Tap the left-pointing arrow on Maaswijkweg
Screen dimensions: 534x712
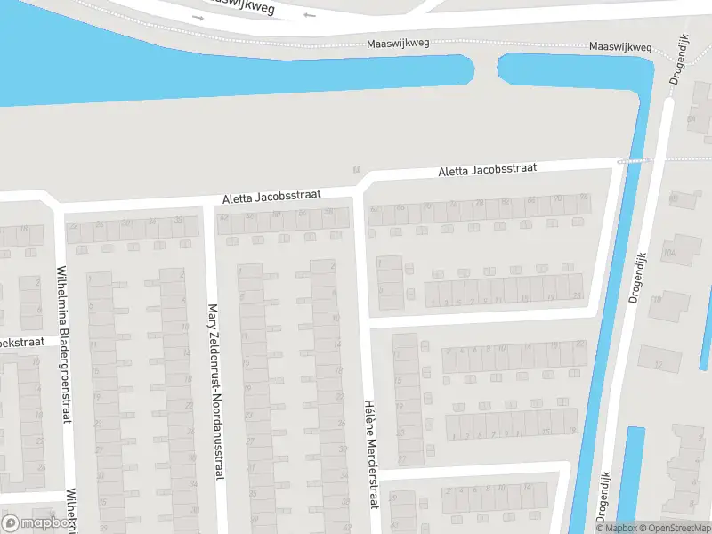tap(309, 15)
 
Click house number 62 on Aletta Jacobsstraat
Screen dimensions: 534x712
tap(375, 209)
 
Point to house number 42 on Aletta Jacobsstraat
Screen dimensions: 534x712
tap(224, 216)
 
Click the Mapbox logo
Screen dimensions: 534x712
tap(37, 523)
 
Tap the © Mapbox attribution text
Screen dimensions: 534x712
tap(614, 528)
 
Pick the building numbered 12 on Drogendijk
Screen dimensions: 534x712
tap(659, 363)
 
